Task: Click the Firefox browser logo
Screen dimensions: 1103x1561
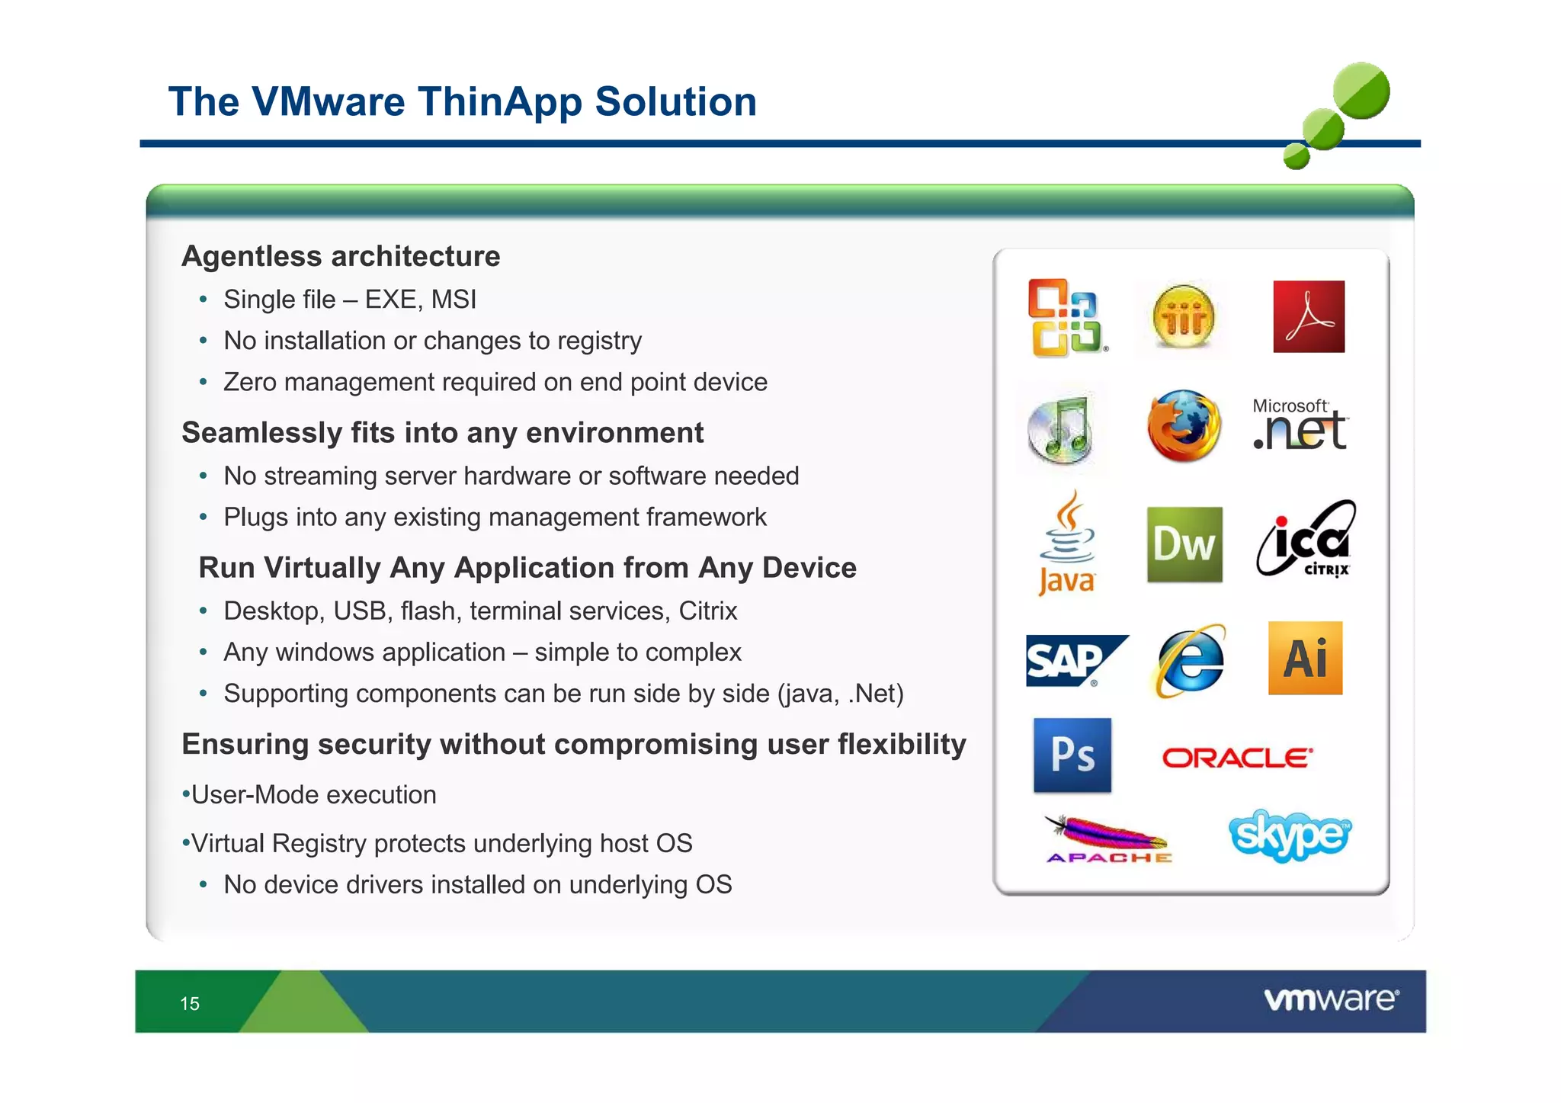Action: pos(1184,426)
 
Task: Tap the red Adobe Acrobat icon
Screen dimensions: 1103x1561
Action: pos(1308,316)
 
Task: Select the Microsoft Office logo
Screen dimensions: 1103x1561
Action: pos(1066,318)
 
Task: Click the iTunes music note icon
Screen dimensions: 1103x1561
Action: pos(1061,429)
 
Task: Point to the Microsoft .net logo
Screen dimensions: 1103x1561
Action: pos(1300,425)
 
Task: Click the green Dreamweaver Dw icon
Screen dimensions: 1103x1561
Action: pos(1184,544)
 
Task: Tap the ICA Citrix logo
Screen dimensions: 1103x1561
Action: pos(1306,539)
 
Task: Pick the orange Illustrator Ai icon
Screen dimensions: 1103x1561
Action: pos(1305,658)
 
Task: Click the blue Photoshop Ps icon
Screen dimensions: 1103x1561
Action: pos(1072,755)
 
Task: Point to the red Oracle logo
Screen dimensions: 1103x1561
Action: pos(1236,758)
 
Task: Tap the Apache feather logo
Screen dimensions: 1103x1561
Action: pos(1107,838)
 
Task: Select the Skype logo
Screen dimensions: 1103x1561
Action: pos(1289,835)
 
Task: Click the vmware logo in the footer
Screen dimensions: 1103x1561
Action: pos(1331,999)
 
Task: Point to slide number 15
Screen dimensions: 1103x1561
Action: pos(190,1003)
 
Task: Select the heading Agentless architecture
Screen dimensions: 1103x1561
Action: pos(341,256)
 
